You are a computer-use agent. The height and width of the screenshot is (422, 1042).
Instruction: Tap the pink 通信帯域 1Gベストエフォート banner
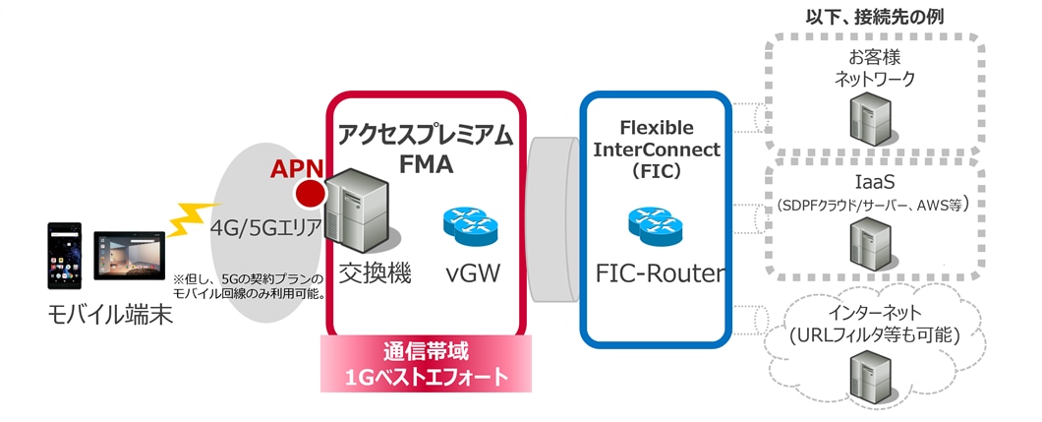pos(426,363)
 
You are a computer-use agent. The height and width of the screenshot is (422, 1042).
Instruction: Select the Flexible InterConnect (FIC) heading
pos(656,150)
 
